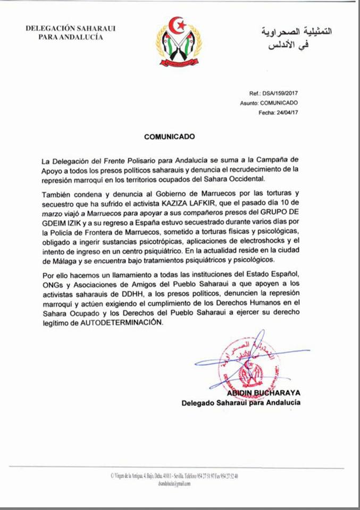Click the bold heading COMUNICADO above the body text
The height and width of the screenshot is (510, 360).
coord(170,136)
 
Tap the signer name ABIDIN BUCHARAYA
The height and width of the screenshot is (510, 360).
coord(263,393)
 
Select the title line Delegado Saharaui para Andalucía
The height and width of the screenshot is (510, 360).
coord(240,403)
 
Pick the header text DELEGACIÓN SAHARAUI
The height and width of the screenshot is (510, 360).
coord(71,28)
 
